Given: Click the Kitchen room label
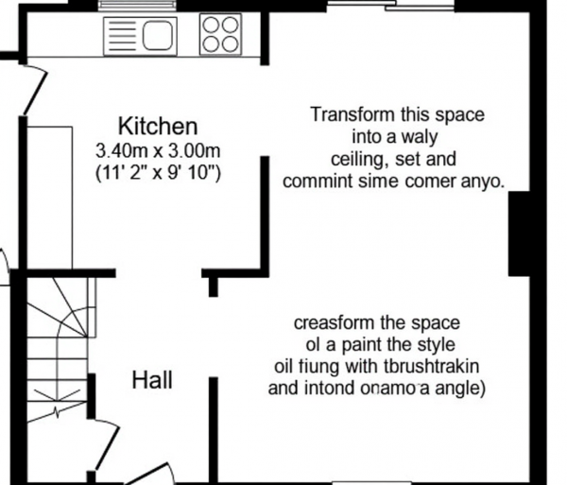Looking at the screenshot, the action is pos(158,127).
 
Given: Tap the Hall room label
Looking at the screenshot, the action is pos(152,380).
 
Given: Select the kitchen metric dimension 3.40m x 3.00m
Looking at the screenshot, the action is pos(158,150).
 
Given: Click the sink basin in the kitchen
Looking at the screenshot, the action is pos(158,35).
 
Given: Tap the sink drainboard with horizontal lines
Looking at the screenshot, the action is pos(123,35).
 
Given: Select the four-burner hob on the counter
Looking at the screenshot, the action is pos(220,34).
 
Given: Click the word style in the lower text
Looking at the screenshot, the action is pos(436,345).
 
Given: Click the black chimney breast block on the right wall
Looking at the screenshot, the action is pos(519,234).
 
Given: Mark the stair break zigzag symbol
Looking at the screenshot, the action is pos(57,411).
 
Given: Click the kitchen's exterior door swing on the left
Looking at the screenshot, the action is pos(34,89).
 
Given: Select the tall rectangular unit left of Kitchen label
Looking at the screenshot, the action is pos(49,198).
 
